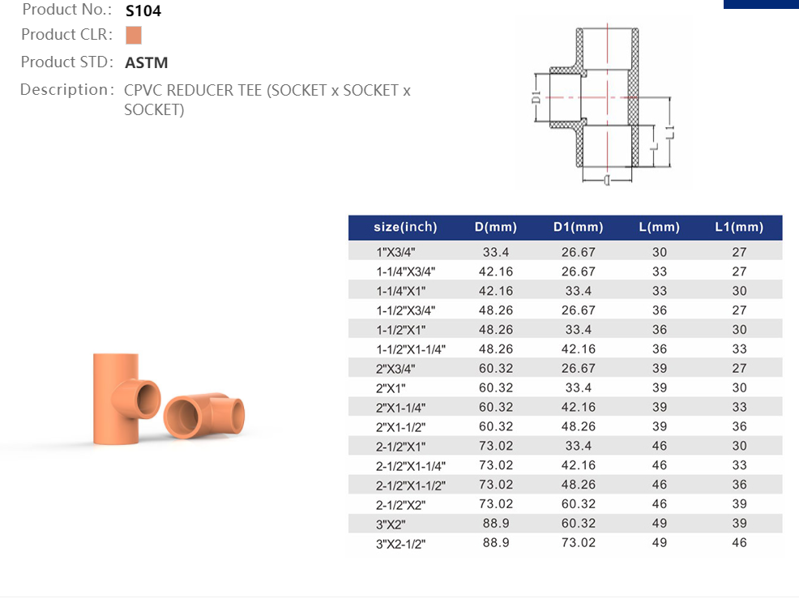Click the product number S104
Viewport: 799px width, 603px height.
click(143, 11)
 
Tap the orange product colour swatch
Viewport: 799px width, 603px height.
click(134, 35)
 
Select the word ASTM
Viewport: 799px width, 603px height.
click(146, 62)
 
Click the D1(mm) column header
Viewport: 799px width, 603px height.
click(579, 227)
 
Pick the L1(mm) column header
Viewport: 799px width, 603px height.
click(739, 227)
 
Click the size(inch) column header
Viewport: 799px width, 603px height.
click(406, 227)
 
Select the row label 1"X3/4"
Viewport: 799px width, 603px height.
click(396, 252)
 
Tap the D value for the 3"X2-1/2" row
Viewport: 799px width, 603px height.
click(496, 542)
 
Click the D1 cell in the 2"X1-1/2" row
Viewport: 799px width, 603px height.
click(579, 426)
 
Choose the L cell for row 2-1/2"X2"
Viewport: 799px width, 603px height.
click(660, 503)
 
